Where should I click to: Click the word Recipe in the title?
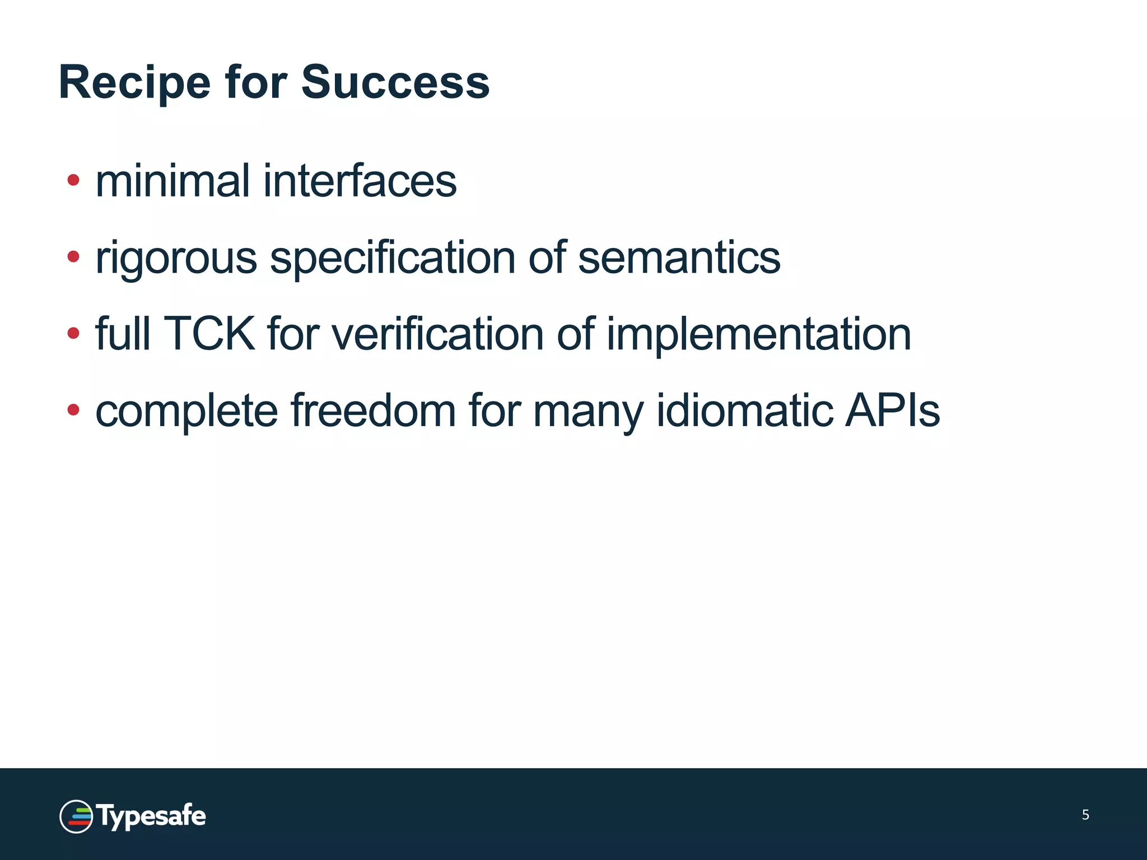coord(134,83)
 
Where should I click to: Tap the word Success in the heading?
coord(395,83)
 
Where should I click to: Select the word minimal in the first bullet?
coord(172,181)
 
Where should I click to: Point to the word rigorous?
coord(176,259)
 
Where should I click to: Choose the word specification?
coord(392,259)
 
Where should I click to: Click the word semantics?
coord(679,258)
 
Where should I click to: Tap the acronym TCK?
coord(208,334)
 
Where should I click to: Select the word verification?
coord(438,334)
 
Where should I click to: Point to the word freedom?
coord(374,411)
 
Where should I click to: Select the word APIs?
coord(892,411)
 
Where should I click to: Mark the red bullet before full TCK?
coord(73,334)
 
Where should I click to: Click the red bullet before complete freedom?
coord(73,410)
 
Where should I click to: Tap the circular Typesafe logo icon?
coord(76,816)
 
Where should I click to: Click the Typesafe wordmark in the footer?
coord(151,816)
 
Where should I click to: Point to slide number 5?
coord(1085,815)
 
